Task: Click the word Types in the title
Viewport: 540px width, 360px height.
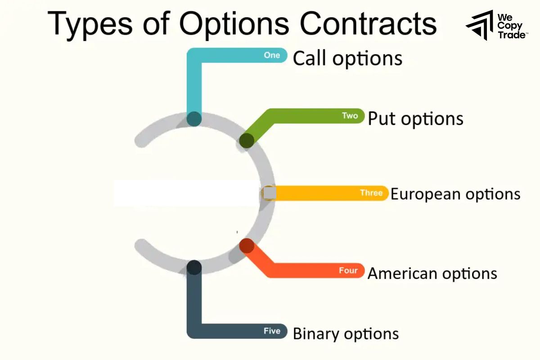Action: click(88, 23)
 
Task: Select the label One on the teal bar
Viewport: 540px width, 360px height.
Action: click(272, 55)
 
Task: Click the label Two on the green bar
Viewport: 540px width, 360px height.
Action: click(350, 116)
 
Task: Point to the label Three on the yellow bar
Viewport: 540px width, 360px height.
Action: click(371, 193)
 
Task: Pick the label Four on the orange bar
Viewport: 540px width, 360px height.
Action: click(348, 271)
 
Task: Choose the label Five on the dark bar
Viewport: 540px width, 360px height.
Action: click(272, 331)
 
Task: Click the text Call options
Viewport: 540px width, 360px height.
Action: click(347, 59)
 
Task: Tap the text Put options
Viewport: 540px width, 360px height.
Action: click(415, 119)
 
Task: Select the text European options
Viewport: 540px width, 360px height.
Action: click(455, 194)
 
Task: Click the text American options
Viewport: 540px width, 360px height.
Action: click(432, 274)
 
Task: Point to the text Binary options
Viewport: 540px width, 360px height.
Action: click(346, 334)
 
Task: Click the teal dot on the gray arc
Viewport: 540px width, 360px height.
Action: click(194, 119)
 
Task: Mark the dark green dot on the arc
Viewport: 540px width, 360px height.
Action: click(247, 140)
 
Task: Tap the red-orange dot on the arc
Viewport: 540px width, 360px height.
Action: click(247, 246)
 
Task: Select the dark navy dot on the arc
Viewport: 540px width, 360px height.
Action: click(194, 268)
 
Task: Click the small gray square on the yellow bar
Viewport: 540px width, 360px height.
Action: click(269, 193)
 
